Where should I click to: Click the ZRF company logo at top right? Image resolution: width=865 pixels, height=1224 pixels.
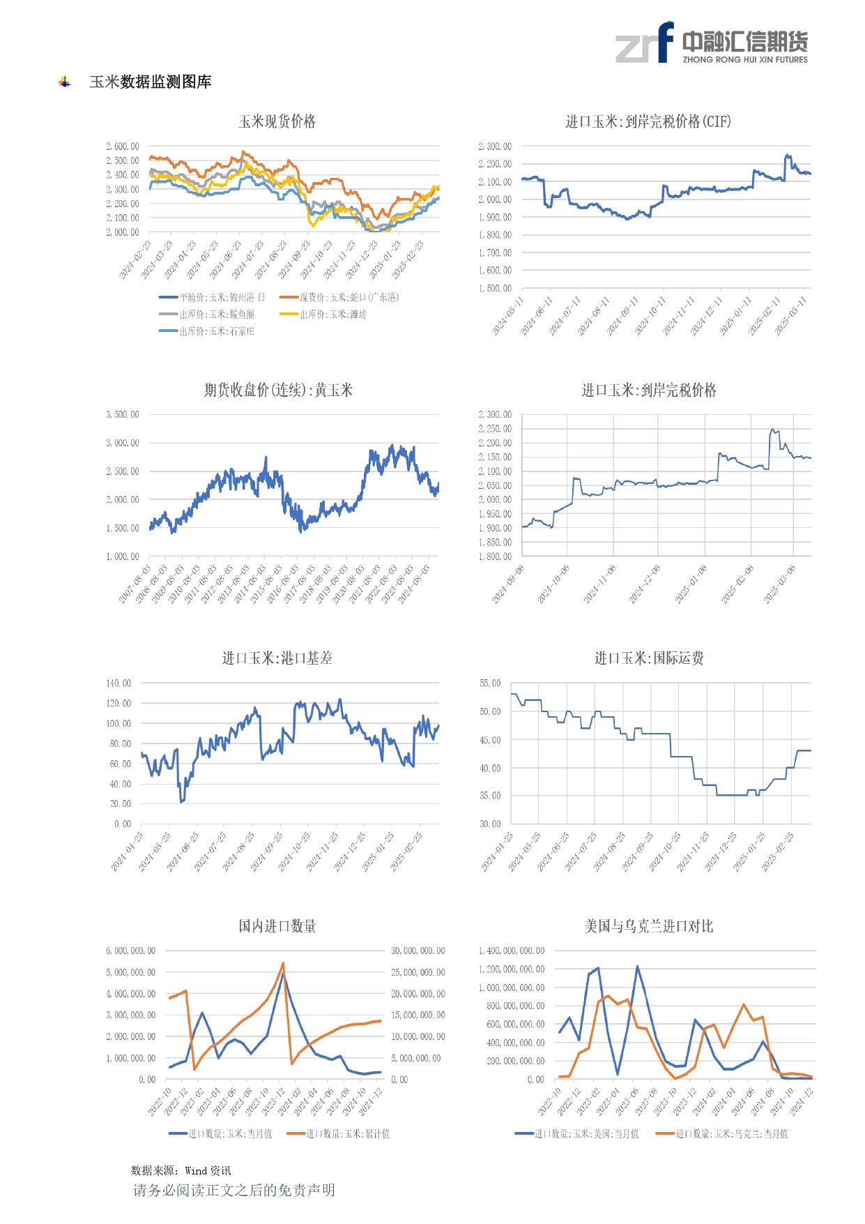click(x=711, y=43)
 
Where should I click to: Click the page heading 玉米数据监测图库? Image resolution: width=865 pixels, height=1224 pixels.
click(x=150, y=82)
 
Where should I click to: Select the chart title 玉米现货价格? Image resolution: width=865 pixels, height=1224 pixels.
click(x=277, y=122)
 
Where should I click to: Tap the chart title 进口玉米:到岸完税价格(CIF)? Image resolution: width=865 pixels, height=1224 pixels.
click(x=648, y=122)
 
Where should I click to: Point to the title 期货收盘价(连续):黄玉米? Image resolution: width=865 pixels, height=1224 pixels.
click(x=278, y=391)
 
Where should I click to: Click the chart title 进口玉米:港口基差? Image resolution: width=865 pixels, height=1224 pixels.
click(x=277, y=658)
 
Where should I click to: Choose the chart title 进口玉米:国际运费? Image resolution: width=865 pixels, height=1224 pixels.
click(x=648, y=658)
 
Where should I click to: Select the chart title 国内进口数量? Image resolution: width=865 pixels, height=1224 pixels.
click(x=277, y=926)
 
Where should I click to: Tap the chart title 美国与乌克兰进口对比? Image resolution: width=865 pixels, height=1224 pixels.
click(x=648, y=926)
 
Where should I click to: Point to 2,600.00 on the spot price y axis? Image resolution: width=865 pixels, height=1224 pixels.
click(x=123, y=146)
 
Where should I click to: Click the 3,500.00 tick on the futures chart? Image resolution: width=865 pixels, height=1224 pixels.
click(x=123, y=415)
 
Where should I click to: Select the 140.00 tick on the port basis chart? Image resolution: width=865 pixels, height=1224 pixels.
click(x=118, y=683)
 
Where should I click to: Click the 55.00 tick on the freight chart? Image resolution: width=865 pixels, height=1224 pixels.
click(x=490, y=683)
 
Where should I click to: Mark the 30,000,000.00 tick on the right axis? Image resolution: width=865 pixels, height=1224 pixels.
click(x=418, y=951)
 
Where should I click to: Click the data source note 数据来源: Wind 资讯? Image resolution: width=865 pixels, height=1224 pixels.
click(x=181, y=1171)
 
